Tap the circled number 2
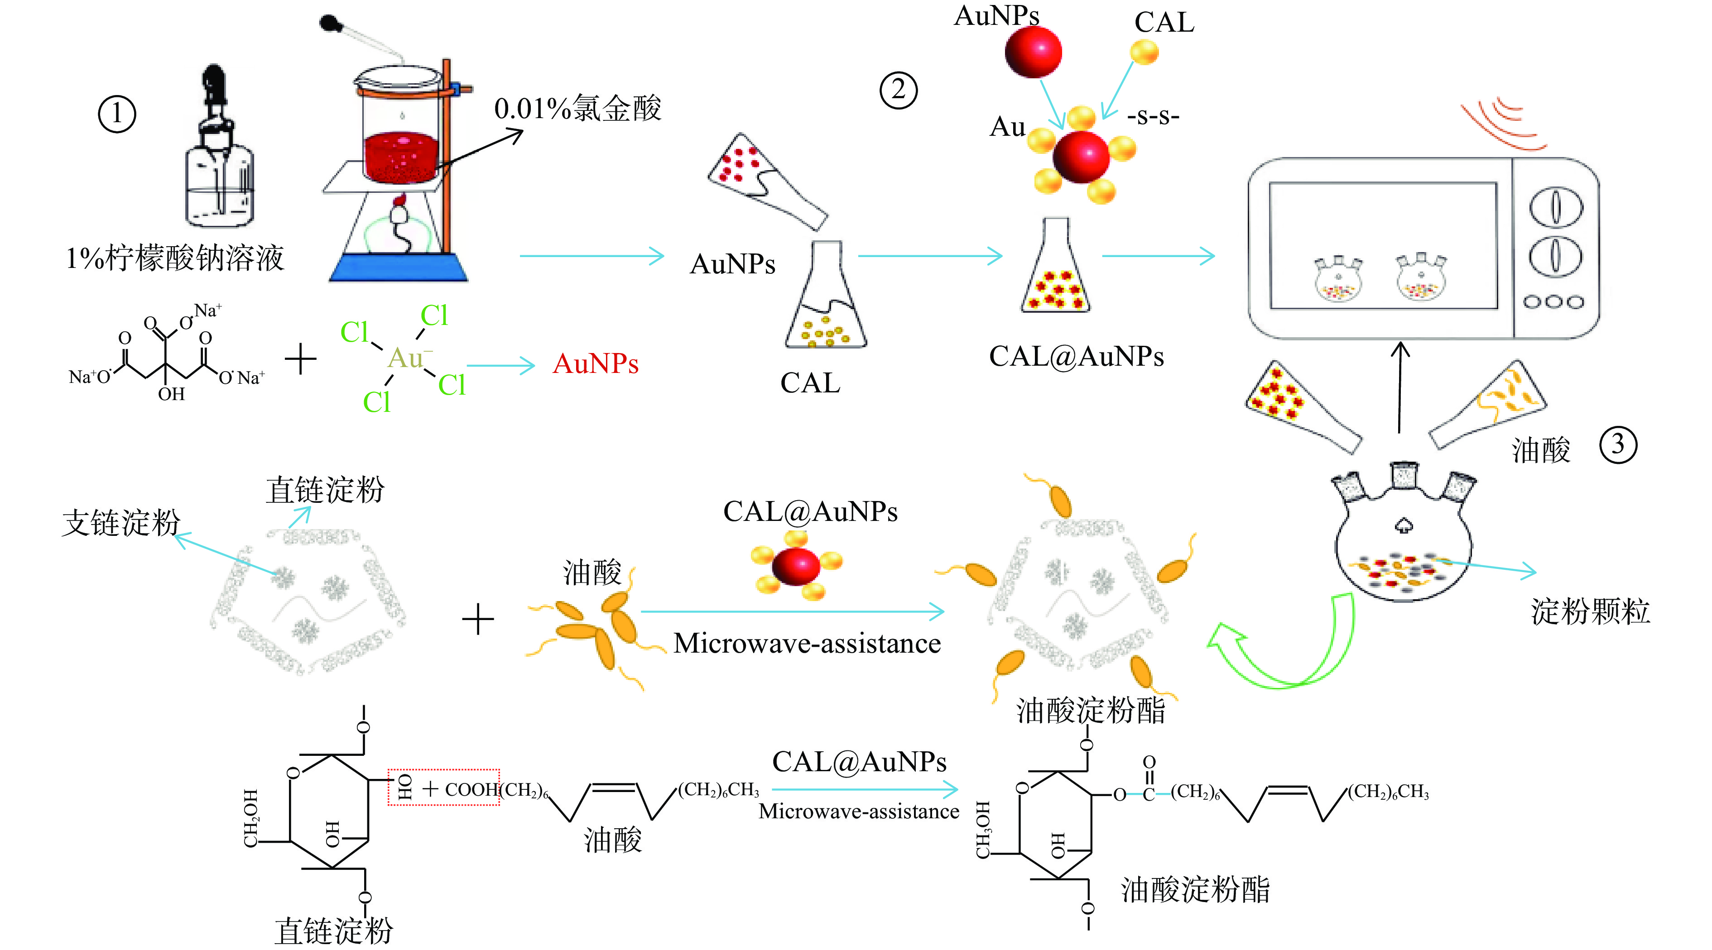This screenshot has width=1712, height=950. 899,91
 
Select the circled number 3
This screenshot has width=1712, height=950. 1618,445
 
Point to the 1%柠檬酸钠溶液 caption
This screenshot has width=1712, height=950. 175,258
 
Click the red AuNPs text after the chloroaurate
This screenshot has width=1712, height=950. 596,364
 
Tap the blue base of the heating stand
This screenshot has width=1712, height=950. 399,268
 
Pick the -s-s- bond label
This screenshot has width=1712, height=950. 1153,117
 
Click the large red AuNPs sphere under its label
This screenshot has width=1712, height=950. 1033,51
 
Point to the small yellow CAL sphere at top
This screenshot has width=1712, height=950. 1145,52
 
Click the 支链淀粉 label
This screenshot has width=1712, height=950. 121,523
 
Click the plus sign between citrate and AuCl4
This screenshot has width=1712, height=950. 300,359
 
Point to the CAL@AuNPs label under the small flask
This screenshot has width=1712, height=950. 1076,357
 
